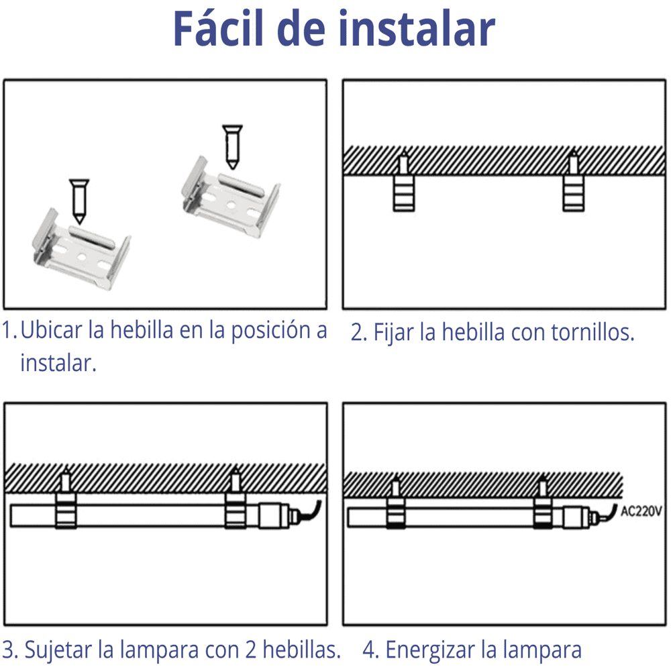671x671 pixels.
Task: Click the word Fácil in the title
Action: [218, 28]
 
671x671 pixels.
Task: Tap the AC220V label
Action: [641, 511]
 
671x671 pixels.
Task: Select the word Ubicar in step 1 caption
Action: [52, 329]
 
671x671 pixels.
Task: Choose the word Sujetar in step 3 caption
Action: [58, 650]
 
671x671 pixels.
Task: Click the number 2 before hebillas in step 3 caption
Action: [251, 650]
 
